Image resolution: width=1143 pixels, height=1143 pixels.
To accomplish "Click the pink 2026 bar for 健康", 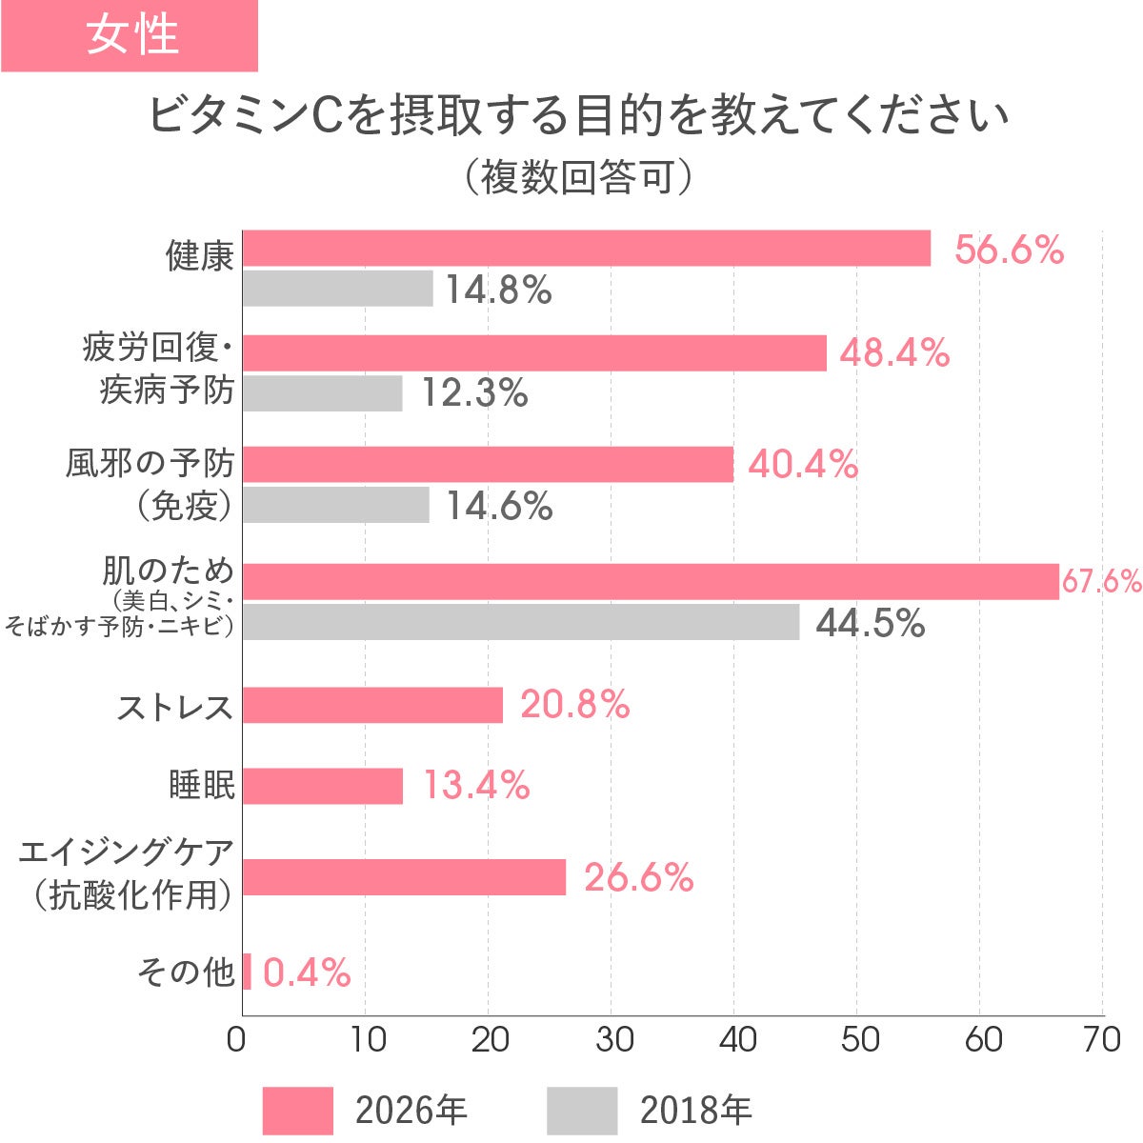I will click(x=586, y=249).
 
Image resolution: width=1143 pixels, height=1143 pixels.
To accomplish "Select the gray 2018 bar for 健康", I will click(x=337, y=289).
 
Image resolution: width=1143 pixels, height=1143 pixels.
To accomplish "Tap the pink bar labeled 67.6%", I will click(x=651, y=581).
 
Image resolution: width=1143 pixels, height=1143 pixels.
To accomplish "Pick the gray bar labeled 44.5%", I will click(x=521, y=622).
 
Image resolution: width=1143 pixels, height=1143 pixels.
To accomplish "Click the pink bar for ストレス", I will click(x=372, y=705).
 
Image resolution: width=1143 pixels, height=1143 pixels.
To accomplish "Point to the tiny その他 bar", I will click(x=247, y=972).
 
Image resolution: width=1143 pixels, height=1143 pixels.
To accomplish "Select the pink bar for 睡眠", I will click(x=323, y=786).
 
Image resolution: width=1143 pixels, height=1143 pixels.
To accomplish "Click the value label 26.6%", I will click(x=638, y=877).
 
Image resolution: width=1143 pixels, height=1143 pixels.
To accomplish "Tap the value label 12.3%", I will click(x=474, y=392).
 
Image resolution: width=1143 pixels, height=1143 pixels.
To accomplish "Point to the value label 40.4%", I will click(x=803, y=465).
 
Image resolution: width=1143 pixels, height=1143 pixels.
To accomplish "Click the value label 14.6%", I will click(x=499, y=506).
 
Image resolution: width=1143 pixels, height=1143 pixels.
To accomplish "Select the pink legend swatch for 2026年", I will click(x=297, y=1111).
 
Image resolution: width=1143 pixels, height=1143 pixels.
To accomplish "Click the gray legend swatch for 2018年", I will click(x=582, y=1111).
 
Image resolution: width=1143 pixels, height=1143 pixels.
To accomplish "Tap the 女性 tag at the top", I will click(x=130, y=35).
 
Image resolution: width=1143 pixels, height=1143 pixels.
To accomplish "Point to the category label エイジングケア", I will click(x=127, y=852).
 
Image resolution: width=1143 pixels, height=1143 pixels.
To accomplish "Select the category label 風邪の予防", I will click(x=150, y=464).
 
